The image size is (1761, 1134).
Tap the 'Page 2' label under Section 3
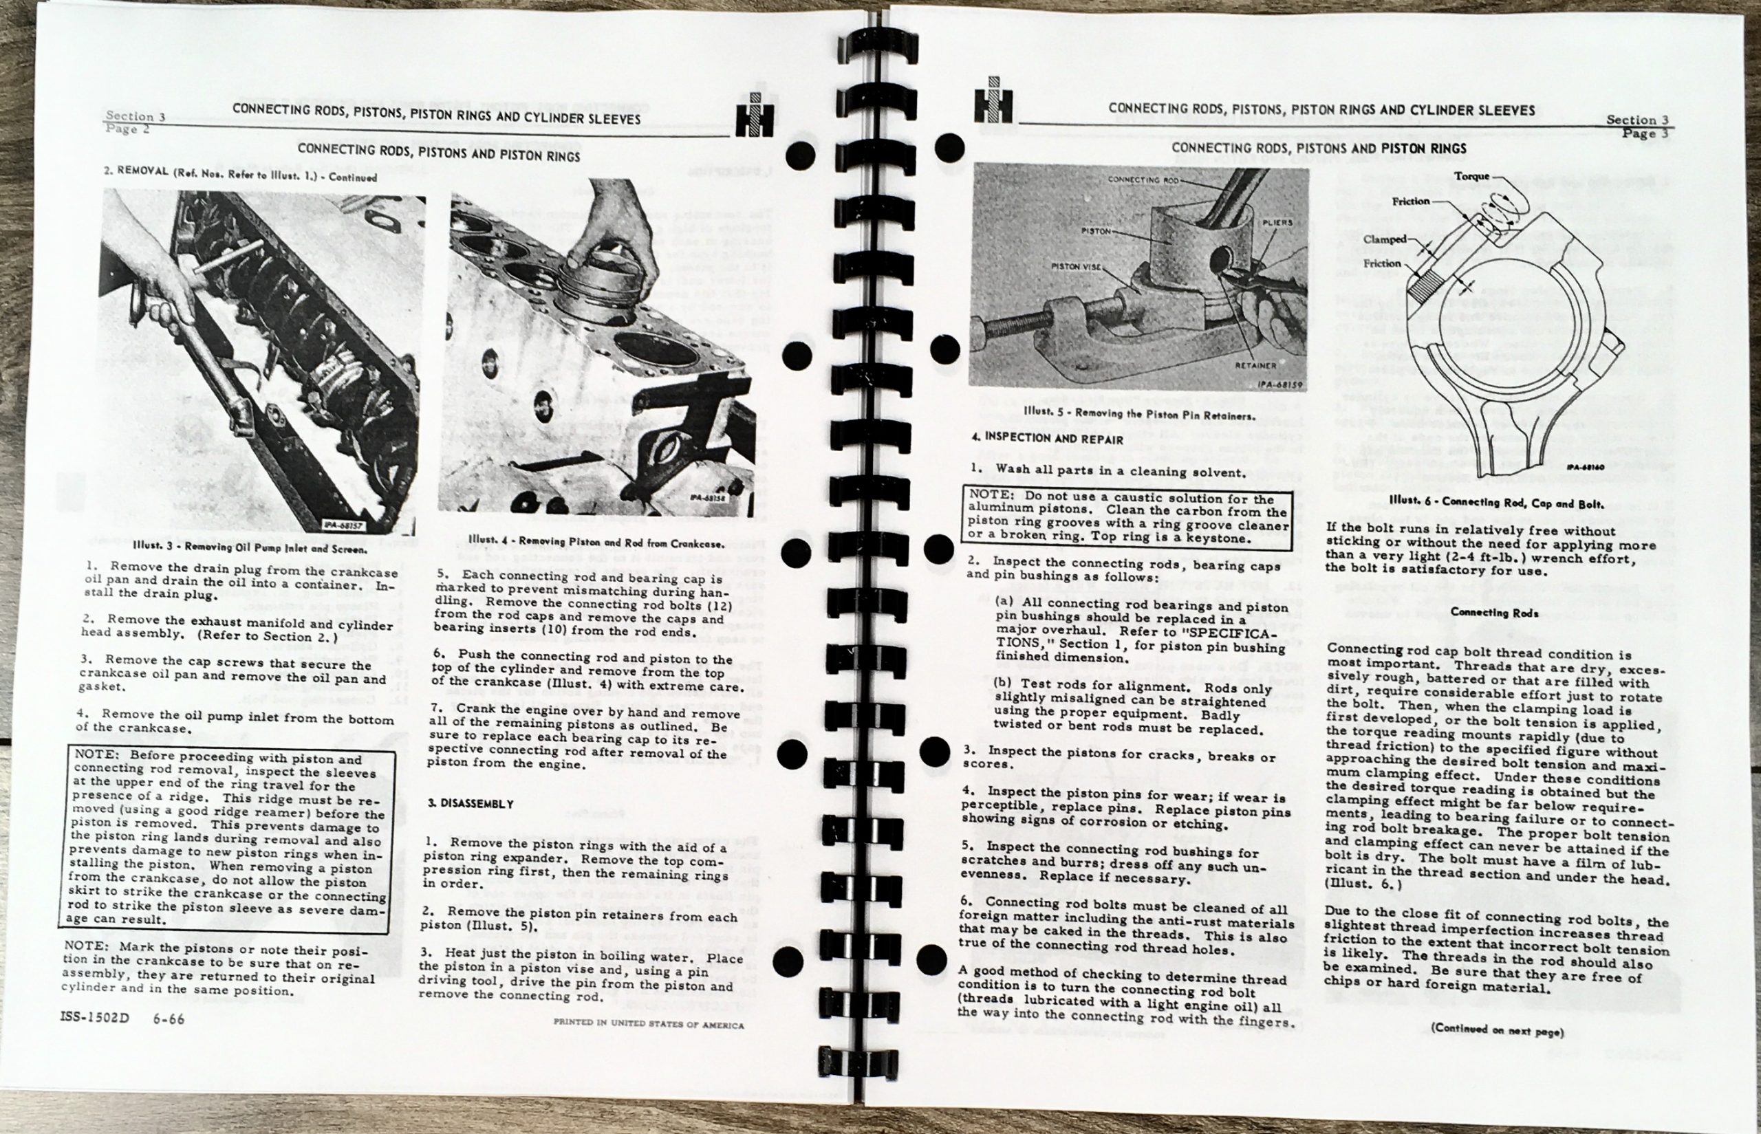coord(127,129)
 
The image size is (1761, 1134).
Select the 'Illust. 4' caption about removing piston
coord(595,542)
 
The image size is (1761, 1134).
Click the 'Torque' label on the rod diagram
coord(1471,176)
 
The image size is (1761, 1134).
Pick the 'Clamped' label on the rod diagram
coord(1384,239)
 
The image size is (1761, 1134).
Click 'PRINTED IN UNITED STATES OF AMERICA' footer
coord(648,1024)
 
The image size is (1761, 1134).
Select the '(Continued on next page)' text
coord(1497,1031)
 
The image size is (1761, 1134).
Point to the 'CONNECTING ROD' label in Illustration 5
coord(1143,180)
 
